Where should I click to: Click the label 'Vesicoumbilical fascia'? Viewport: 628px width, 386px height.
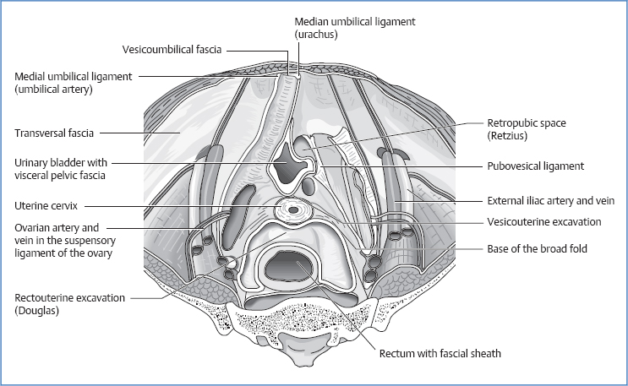(x=172, y=51)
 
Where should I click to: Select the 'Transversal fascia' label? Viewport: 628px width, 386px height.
(x=54, y=133)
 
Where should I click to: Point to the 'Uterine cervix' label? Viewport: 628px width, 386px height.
(x=49, y=205)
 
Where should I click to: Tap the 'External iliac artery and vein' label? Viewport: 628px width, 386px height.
(x=550, y=201)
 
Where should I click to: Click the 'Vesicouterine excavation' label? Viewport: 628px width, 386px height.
(x=543, y=222)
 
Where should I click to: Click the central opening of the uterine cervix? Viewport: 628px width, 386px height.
(x=293, y=208)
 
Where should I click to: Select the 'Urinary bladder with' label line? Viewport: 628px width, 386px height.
(x=62, y=163)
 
